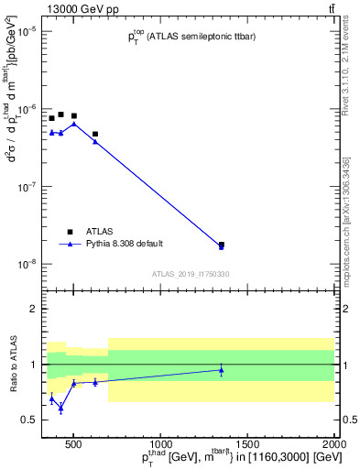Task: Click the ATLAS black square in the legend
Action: point(70,232)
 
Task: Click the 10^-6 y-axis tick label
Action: point(25,109)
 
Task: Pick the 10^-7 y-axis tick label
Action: point(25,187)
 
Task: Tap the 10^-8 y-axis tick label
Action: point(25,264)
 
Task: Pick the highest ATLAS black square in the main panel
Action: point(60,115)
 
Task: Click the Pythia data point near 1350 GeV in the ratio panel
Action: point(221,370)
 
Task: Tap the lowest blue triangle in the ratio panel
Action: point(60,409)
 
